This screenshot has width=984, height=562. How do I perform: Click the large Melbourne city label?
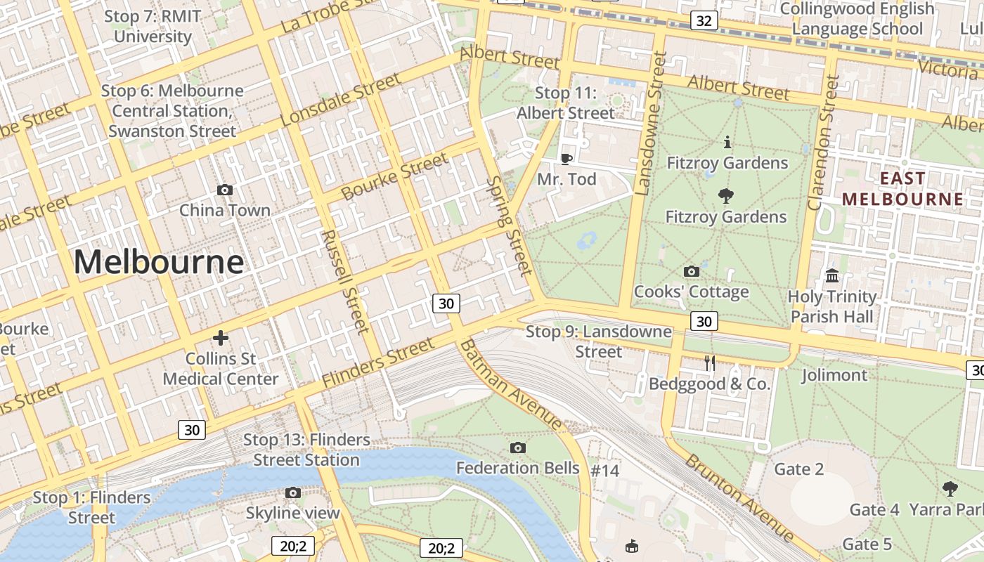pos(159,262)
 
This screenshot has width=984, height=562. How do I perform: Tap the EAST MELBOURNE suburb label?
pos(903,189)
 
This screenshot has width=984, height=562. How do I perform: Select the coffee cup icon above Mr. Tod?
pos(567,159)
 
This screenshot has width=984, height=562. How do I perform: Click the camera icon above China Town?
pos(225,190)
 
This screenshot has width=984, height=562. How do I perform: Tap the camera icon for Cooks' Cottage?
pos(691,271)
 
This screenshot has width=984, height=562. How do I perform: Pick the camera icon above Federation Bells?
pos(518,447)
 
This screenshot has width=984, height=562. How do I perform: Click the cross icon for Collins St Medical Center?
pos(221,338)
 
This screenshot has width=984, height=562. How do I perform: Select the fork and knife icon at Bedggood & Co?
pos(710,363)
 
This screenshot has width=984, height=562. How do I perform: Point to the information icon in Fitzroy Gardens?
pos(727,143)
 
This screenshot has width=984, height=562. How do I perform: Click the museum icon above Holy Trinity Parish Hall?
pos(833,275)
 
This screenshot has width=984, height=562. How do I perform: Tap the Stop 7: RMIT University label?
pos(153,26)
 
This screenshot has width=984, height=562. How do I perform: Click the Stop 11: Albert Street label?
pos(566,103)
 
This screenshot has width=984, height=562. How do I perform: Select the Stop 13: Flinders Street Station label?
pos(306,450)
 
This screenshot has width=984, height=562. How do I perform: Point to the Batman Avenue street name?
pos(511,384)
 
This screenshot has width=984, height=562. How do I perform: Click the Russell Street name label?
pos(344,281)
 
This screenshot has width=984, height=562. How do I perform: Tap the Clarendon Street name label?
pos(823,143)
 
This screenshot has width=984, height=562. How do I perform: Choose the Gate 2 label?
pos(798,469)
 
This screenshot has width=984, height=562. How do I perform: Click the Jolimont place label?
pos(834,375)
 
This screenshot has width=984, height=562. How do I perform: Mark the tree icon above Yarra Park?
pos(950,488)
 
